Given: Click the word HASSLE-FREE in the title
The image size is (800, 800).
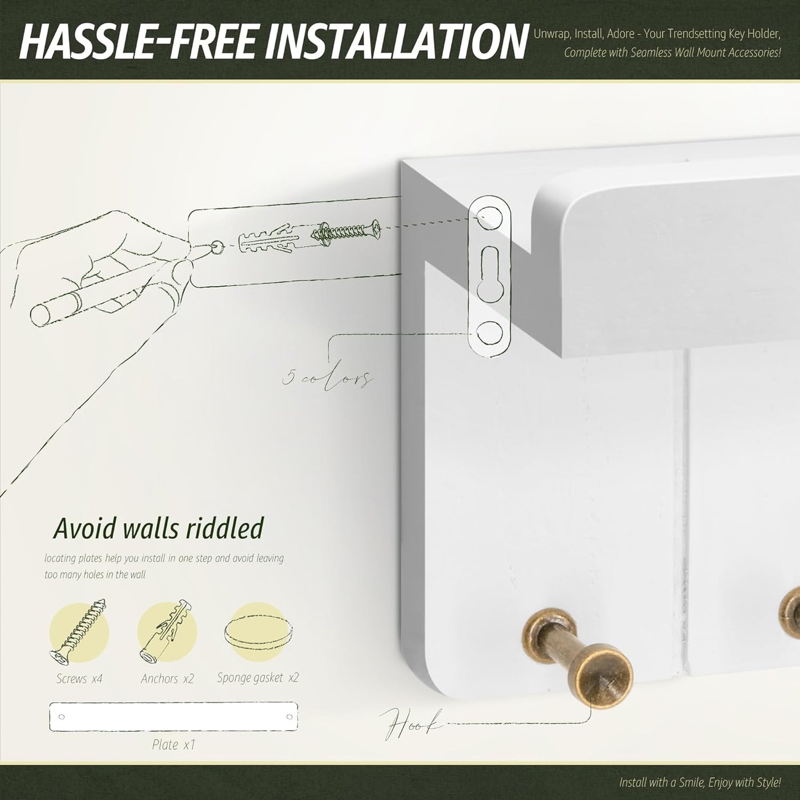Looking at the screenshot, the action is tap(137, 42).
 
